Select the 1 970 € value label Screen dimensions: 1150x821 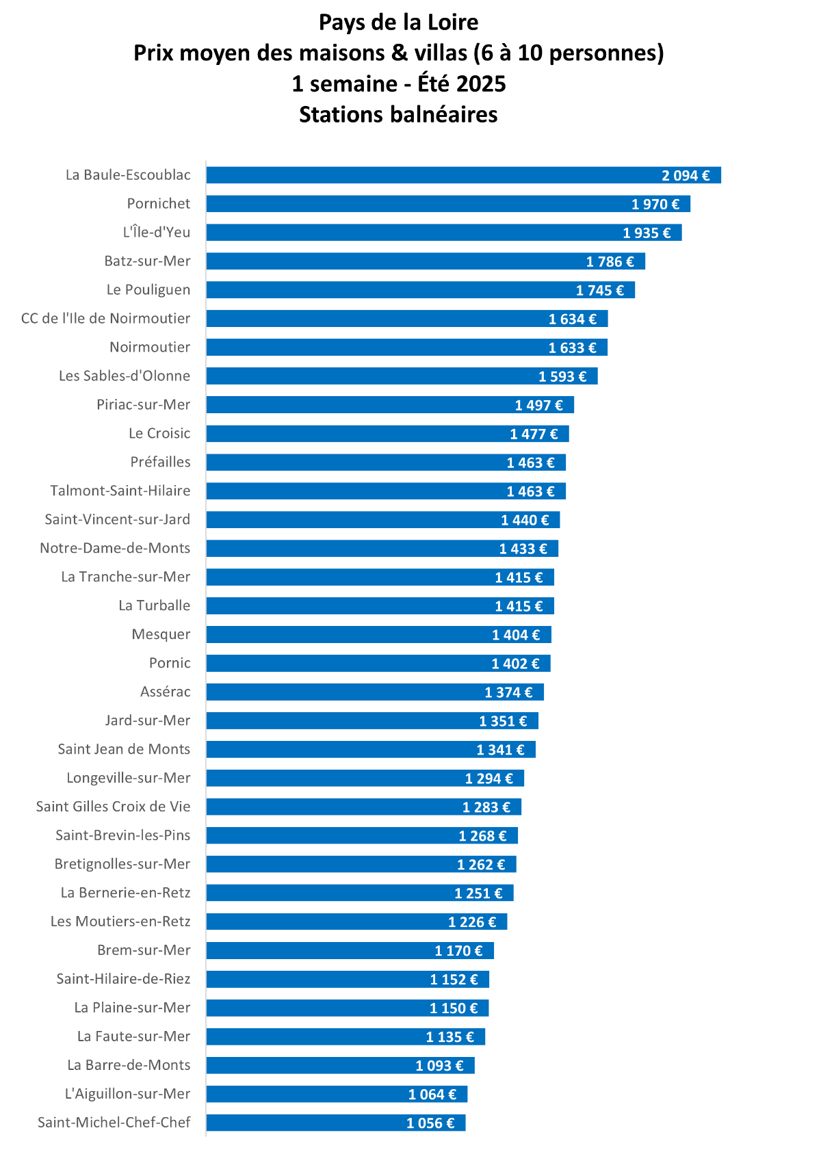point(655,204)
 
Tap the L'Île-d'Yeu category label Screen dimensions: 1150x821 point(157,233)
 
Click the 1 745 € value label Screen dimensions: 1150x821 point(599,290)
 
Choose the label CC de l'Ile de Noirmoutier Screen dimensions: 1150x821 point(106,319)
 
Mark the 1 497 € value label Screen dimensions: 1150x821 point(538,405)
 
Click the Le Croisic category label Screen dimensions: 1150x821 point(159,434)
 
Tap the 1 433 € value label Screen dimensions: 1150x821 point(523,549)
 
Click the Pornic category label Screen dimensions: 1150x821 point(170,664)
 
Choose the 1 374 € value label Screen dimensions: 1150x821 point(508,692)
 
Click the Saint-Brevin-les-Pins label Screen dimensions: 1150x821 point(123,836)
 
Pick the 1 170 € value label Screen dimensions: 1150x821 point(458,951)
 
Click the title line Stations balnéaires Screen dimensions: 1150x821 point(398,114)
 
